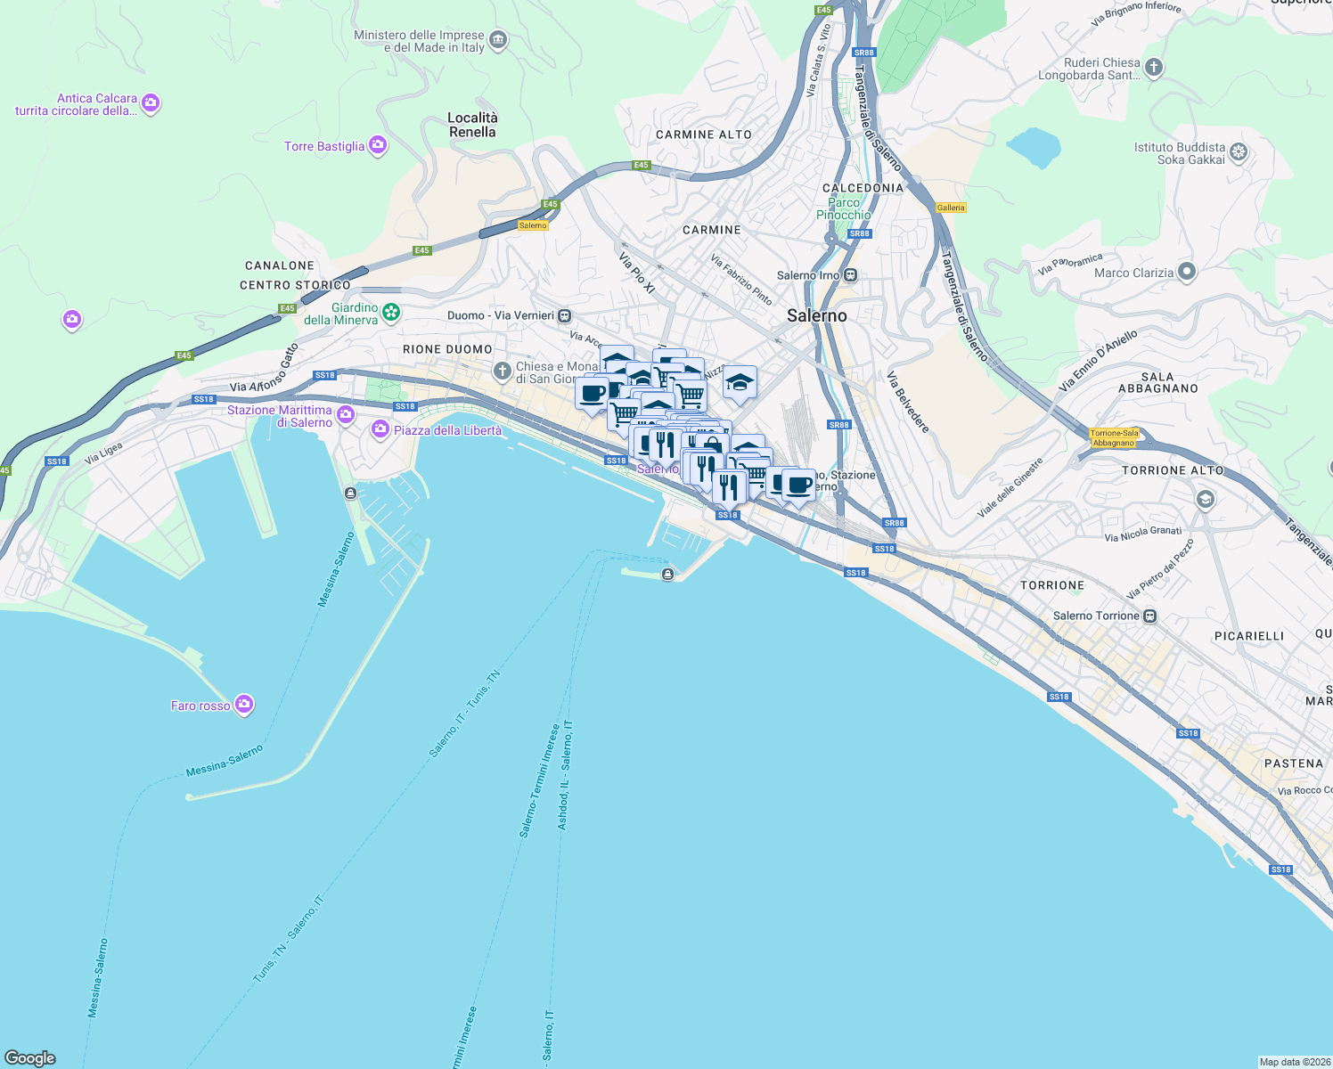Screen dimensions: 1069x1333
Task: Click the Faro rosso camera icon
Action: [244, 705]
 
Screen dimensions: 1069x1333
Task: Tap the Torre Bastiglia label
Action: [324, 146]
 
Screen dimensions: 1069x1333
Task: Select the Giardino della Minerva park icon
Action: [391, 312]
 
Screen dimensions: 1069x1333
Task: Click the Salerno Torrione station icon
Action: [1150, 616]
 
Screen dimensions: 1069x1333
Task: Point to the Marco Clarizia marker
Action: [1186, 272]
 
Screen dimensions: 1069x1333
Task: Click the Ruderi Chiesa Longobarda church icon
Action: [1153, 68]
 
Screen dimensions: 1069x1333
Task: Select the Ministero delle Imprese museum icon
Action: [498, 40]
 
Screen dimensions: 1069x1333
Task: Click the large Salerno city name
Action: [816, 315]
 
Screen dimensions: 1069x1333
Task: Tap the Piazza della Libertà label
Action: [447, 430]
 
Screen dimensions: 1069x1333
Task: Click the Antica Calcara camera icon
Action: [151, 103]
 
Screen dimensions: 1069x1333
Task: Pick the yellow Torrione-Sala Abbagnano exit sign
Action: [1114, 437]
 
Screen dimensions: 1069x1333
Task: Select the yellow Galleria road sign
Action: [951, 208]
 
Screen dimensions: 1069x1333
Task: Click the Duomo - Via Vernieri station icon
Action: [564, 315]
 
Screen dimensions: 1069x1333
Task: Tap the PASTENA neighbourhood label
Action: [1293, 763]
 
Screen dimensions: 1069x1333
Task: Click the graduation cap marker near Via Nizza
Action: [740, 382]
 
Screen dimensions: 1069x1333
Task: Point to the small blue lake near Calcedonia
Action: [1034, 147]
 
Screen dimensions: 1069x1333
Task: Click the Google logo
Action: [29, 1057]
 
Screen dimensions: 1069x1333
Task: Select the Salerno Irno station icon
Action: [851, 275]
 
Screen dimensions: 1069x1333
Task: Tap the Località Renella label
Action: [472, 125]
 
